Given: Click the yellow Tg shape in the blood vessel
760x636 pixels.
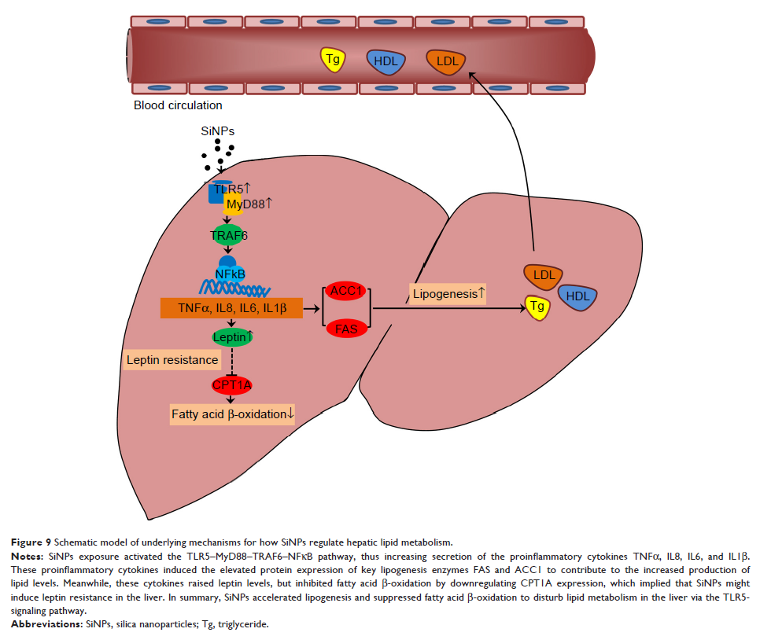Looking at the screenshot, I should pyautogui.click(x=334, y=59).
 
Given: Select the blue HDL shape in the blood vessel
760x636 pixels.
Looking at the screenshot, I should pyautogui.click(x=386, y=61).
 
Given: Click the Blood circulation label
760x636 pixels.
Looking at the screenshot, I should pyautogui.click(x=178, y=105).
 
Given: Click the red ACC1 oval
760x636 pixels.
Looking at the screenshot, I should pyautogui.click(x=346, y=292).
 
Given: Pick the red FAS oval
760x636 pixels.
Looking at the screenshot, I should pyautogui.click(x=346, y=329).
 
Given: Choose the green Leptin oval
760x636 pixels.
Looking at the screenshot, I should pyautogui.click(x=233, y=337).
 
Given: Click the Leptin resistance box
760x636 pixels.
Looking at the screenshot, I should pyautogui.click(x=172, y=360).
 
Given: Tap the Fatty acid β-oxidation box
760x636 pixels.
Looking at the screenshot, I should pyautogui.click(x=232, y=414).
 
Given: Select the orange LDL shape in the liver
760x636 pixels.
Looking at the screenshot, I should pyautogui.click(x=544, y=275).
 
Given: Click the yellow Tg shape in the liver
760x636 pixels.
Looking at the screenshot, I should pyautogui.click(x=537, y=307).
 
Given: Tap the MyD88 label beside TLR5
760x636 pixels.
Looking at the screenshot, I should pyautogui.click(x=249, y=204).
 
